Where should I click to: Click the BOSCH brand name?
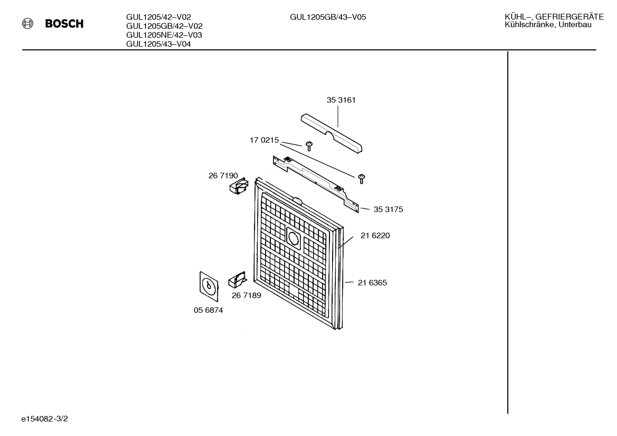point(64,24)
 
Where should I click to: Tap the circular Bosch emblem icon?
point(27,24)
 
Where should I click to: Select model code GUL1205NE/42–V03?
point(164,35)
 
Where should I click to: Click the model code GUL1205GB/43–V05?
point(328,17)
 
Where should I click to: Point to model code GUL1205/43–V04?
point(158,44)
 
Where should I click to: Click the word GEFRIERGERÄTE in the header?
point(570,17)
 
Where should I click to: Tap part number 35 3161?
point(341,100)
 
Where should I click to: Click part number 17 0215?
point(264,140)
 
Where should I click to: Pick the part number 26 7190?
point(223,175)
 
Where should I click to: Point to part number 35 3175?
point(388,209)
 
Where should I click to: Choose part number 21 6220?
point(375,235)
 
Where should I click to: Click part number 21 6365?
point(372,282)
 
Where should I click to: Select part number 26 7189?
point(246,295)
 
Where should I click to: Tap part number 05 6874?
point(208,310)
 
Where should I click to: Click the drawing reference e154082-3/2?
point(44,419)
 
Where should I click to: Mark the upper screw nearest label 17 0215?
point(309,146)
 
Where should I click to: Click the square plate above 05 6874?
point(209,286)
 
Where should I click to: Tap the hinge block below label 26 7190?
point(239,186)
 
